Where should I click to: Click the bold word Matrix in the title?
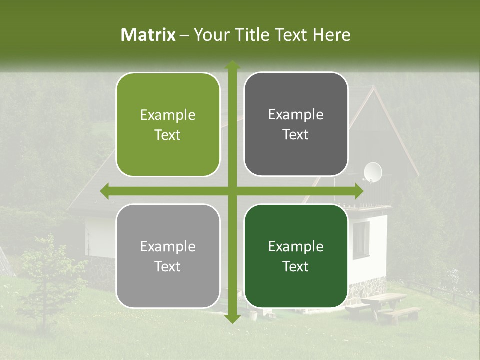pos(148,35)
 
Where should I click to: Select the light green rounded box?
pos(168,125)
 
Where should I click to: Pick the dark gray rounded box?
pos(296,124)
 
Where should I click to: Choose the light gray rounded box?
pos(168,256)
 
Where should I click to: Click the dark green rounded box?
pos(296,256)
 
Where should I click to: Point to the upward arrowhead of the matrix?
pos(232,65)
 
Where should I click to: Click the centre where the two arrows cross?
pos(232,191)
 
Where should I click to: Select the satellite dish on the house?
pos(372,172)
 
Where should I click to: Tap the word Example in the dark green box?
pos(296,246)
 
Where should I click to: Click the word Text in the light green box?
pos(168,135)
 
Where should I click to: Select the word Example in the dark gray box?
pos(296,114)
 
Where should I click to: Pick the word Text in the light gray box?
pos(168,267)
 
